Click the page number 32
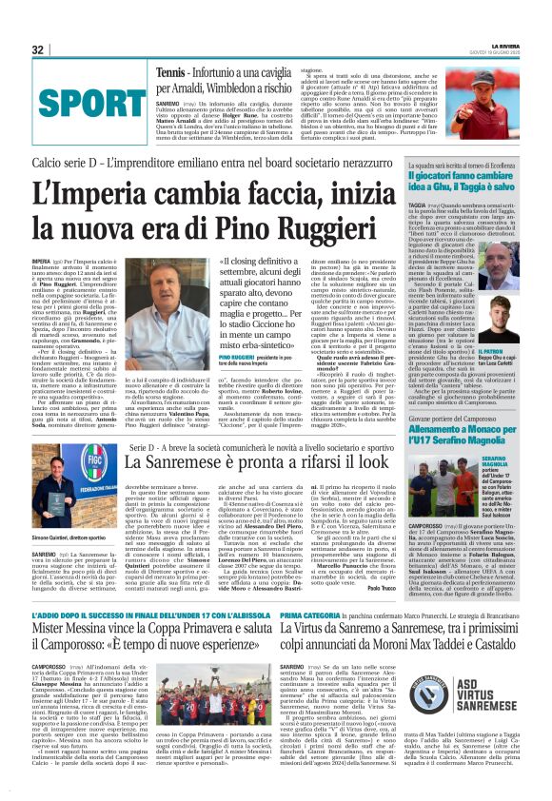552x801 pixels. click(x=38, y=49)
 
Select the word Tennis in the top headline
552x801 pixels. click(x=171, y=72)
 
